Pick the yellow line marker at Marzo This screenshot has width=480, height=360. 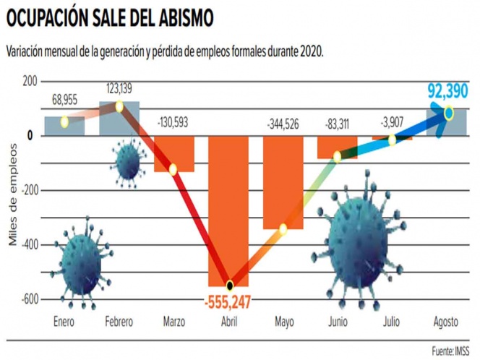pyautogui.click(x=173, y=170)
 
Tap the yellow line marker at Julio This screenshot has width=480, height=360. pyautogui.click(x=392, y=140)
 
